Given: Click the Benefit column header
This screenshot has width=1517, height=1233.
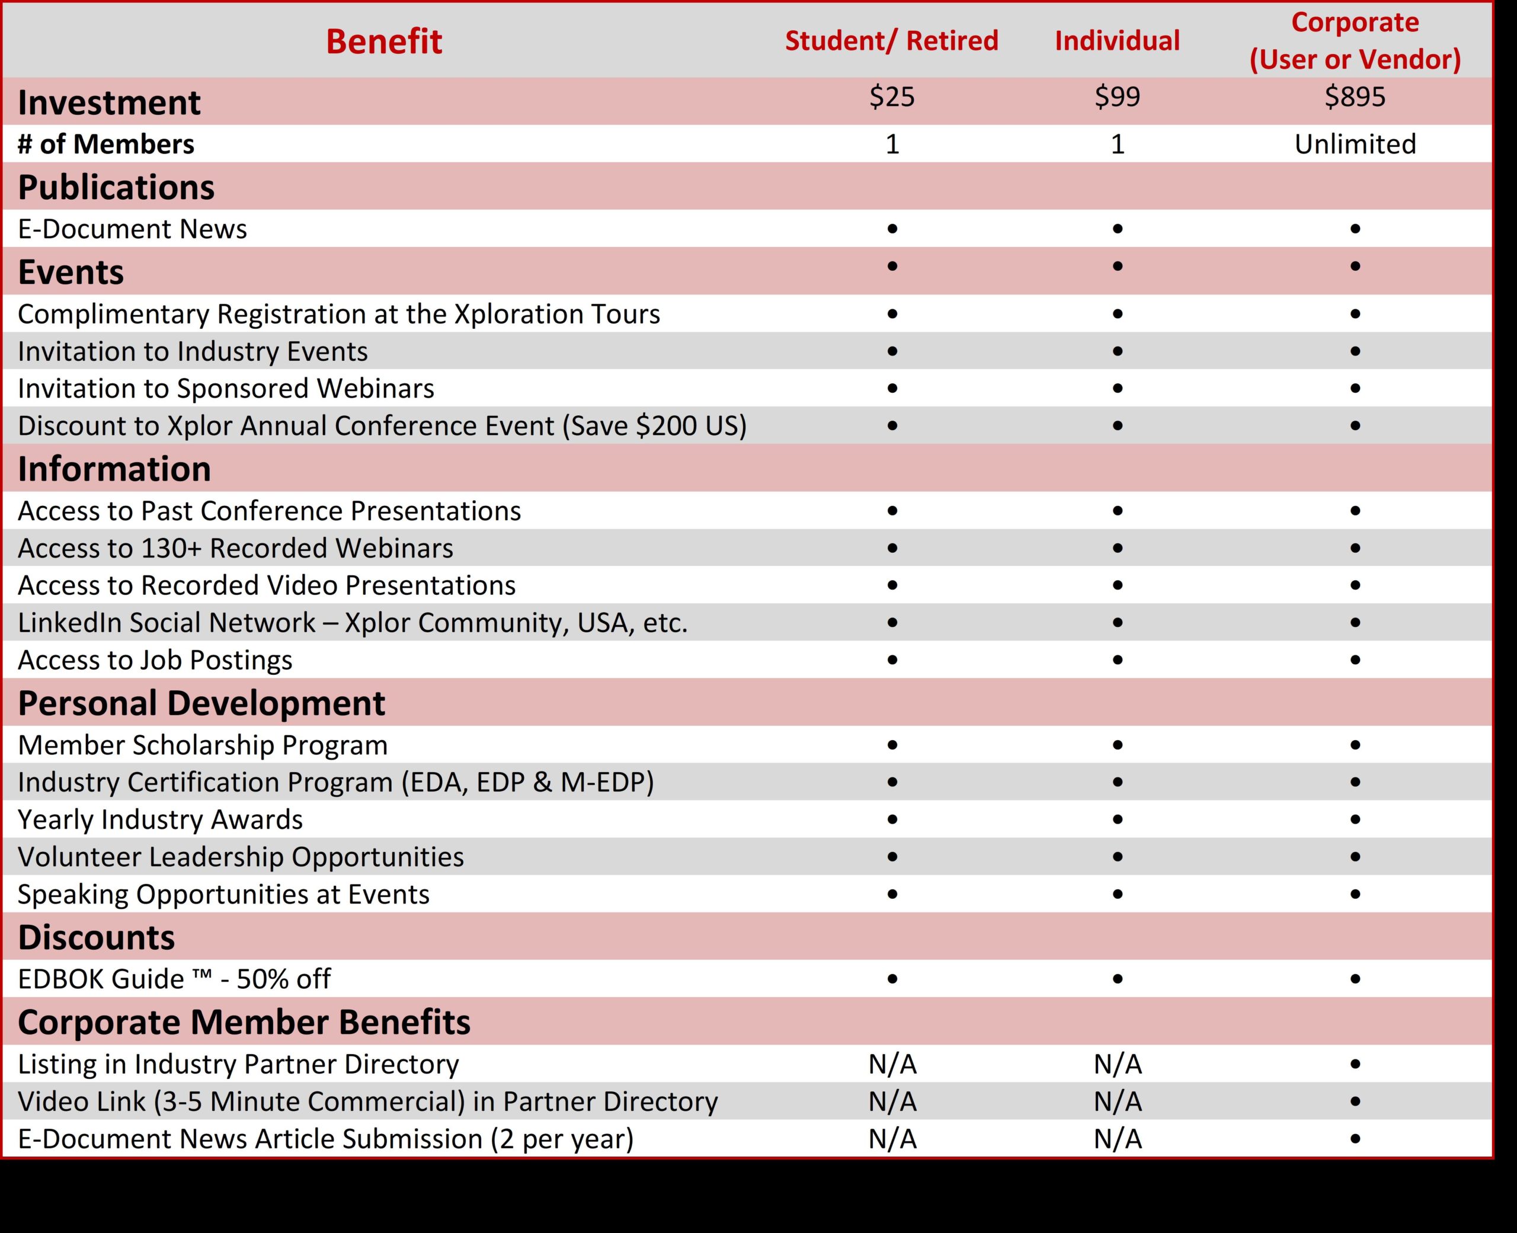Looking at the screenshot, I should click(383, 41).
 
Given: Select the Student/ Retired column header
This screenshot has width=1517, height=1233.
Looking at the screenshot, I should click(891, 40).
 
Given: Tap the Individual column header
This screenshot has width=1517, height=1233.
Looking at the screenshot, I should click(1117, 40).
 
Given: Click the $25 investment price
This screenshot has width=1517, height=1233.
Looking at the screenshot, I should click(892, 97).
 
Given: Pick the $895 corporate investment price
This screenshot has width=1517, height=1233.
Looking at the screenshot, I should click(1355, 97).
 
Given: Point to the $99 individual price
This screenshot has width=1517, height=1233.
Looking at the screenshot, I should click(1117, 97).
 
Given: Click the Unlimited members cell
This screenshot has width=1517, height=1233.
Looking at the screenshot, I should click(1355, 144).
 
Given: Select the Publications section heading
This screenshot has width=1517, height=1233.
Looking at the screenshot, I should click(116, 187).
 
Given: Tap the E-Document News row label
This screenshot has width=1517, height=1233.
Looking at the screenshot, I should click(132, 229).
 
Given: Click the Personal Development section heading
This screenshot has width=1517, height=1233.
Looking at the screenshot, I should click(201, 703).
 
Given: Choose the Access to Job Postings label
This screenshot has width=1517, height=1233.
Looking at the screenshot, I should click(155, 660).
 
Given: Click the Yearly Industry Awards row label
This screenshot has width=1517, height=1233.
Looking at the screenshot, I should click(160, 819).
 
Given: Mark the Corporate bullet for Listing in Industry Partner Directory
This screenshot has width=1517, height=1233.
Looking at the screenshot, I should click(1355, 1064).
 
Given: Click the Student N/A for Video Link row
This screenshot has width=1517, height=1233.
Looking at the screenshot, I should click(892, 1101).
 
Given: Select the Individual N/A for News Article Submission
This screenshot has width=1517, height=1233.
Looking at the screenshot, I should click(1117, 1139).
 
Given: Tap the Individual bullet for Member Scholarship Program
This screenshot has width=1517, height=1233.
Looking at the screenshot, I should click(1117, 745).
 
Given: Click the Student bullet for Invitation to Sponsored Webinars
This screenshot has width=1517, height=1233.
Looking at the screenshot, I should click(892, 389).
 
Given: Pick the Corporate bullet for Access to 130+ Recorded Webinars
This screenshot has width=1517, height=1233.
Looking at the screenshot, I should click(1355, 548).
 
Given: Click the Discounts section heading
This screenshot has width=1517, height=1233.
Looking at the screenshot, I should click(96, 937).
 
